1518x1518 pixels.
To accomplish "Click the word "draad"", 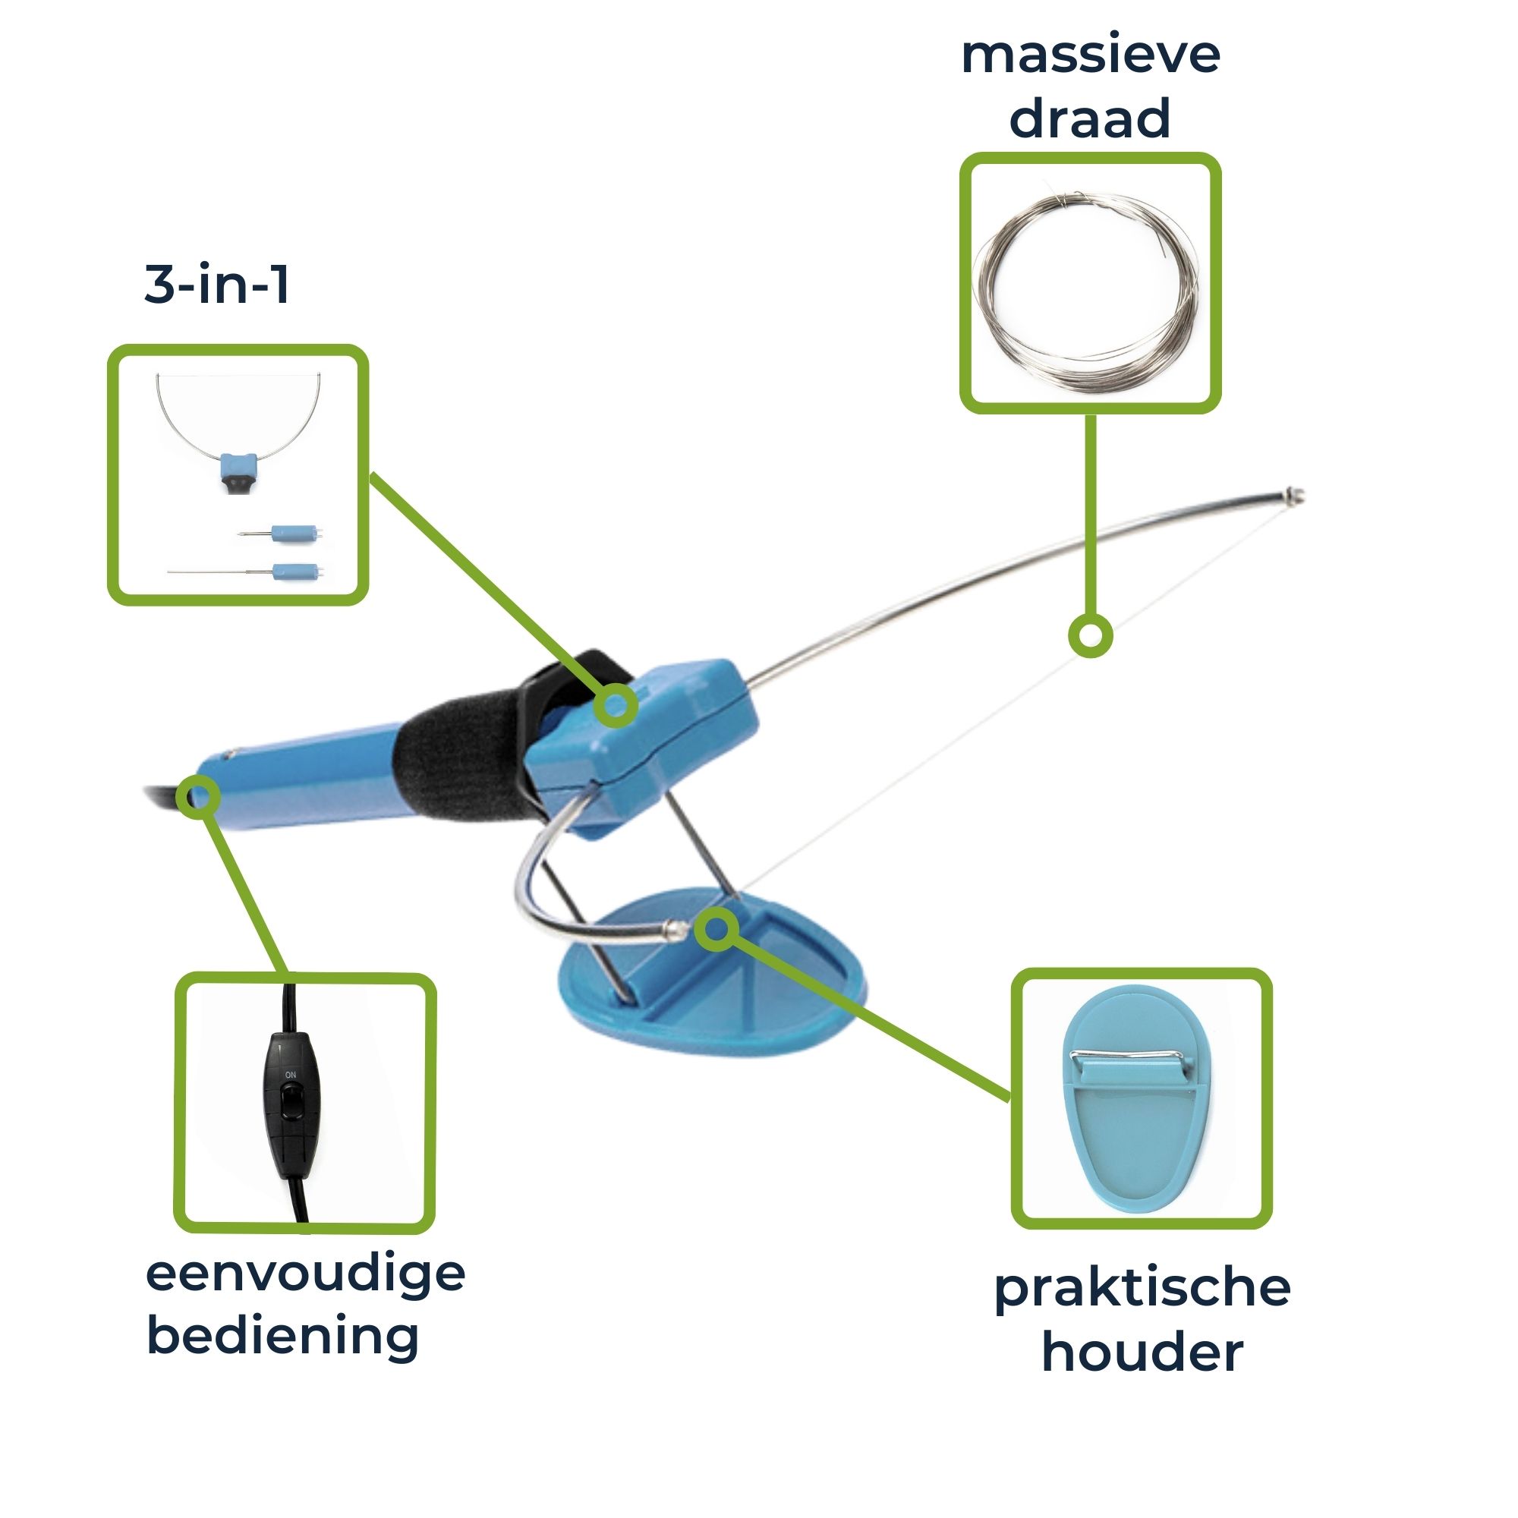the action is coord(1090,118).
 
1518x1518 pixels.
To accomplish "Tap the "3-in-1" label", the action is coord(217,284).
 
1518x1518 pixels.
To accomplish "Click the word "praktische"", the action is coord(1142,1292).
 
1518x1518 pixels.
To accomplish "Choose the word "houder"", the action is coord(1142,1353).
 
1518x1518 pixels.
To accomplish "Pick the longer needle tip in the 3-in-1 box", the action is coord(247,572).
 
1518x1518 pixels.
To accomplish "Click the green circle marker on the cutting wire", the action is coord(1091,635).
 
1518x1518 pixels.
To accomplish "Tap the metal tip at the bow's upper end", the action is coord(1292,495).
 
